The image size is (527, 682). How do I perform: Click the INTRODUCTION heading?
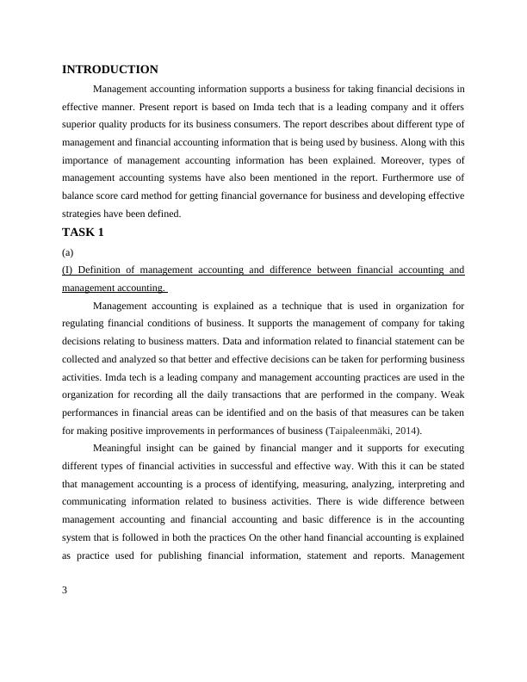110,70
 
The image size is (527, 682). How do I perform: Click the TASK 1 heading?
83,232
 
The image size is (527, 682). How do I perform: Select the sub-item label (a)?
69,253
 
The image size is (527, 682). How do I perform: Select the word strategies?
84,214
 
